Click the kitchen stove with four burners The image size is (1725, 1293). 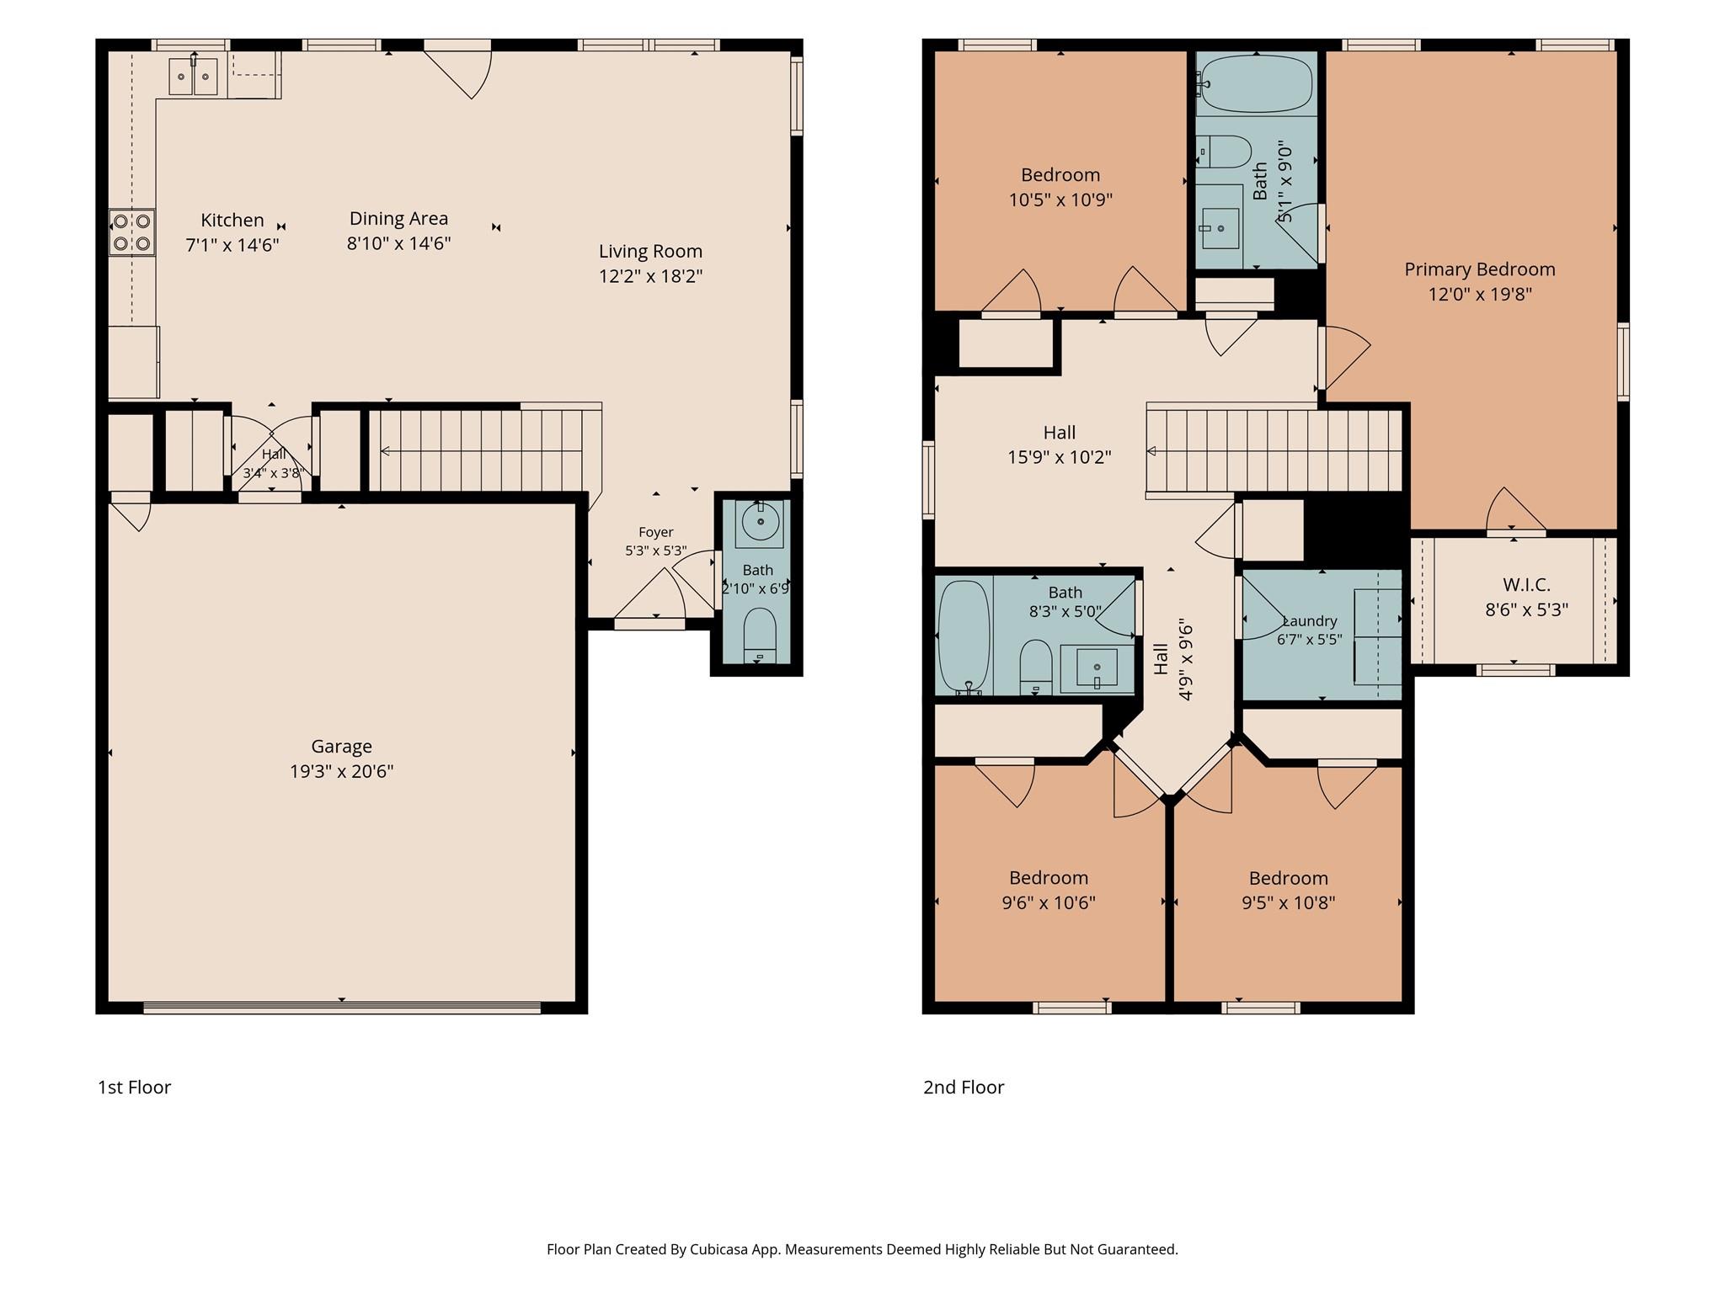[132, 232]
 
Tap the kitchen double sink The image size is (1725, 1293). [194, 77]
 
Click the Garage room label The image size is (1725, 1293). [341, 747]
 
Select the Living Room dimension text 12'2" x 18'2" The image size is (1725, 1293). [650, 276]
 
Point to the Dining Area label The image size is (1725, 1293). [398, 219]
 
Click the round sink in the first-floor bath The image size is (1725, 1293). [761, 523]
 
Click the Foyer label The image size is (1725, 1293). [655, 532]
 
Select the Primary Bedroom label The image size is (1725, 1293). [1479, 269]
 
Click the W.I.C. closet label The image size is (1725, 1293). [1526, 584]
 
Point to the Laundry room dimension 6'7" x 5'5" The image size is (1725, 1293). [1309, 639]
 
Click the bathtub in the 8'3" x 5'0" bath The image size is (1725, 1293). [964, 636]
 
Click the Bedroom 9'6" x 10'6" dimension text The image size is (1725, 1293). [1049, 903]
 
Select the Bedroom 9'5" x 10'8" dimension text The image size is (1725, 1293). [1288, 903]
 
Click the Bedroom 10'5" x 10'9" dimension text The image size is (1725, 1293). [1060, 200]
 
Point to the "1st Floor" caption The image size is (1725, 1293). [134, 1087]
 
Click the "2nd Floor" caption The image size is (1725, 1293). [964, 1087]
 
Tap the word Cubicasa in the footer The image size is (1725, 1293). [722, 1249]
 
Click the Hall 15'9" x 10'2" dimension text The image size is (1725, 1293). [1060, 458]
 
